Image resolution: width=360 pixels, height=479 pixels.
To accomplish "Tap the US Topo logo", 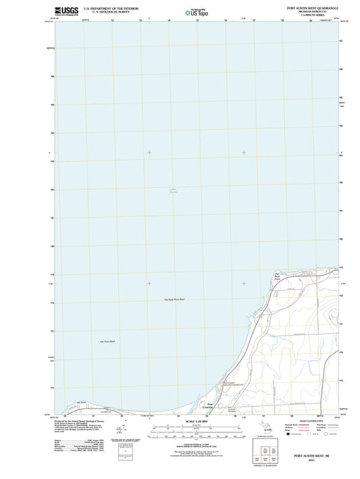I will click(x=195, y=12).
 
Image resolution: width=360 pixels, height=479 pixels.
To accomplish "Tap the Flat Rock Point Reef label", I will click(x=174, y=299).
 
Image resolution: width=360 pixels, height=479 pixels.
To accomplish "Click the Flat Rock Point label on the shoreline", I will click(x=276, y=278).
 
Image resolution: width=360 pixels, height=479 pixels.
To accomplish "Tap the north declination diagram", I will click(x=121, y=430).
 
